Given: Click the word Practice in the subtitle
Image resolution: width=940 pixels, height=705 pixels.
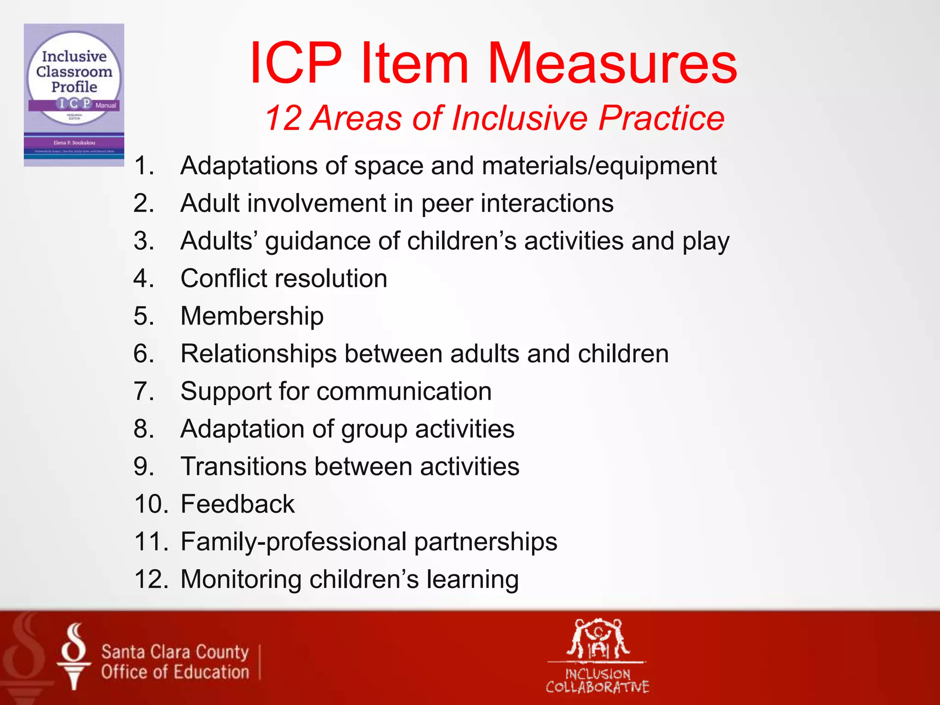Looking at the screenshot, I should (661, 118).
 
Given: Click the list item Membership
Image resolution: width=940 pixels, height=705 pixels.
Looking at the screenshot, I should (252, 316).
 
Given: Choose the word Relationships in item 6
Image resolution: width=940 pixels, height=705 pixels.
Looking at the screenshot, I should (258, 354).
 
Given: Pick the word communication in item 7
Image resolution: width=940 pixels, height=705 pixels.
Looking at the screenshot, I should (404, 392).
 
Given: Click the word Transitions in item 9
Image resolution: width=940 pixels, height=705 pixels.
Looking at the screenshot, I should (244, 467).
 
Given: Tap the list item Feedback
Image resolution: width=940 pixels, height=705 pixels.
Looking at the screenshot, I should (237, 504).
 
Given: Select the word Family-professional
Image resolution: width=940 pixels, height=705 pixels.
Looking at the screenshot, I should (293, 542).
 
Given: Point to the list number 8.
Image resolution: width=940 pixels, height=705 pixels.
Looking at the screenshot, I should (143, 429).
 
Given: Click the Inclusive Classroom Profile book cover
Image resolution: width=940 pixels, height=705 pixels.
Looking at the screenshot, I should (74, 95).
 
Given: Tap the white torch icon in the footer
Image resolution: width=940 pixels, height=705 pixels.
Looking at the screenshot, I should (73, 656).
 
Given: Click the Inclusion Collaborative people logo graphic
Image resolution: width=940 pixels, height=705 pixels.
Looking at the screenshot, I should (598, 639).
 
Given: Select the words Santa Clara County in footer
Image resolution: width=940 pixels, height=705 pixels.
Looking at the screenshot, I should (175, 652).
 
